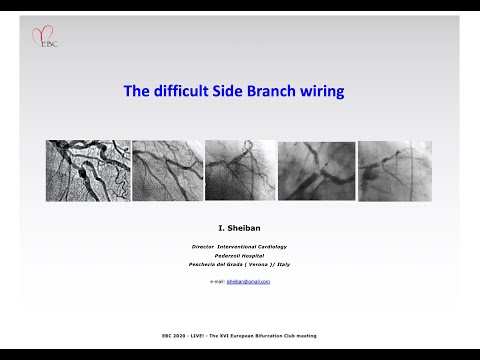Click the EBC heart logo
44,37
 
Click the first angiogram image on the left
88,170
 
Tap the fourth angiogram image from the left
314,170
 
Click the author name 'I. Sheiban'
241,228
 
